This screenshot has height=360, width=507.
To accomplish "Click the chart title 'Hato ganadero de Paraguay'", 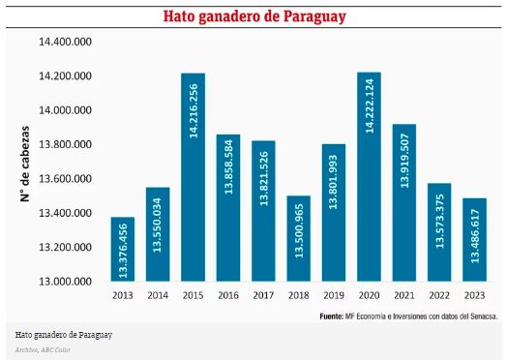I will coord(253,17).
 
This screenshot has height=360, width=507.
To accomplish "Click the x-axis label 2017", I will coord(263,296).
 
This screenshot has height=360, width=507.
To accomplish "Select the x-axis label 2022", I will coord(439,296).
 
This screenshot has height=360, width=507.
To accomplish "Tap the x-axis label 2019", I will coord(334,296).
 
